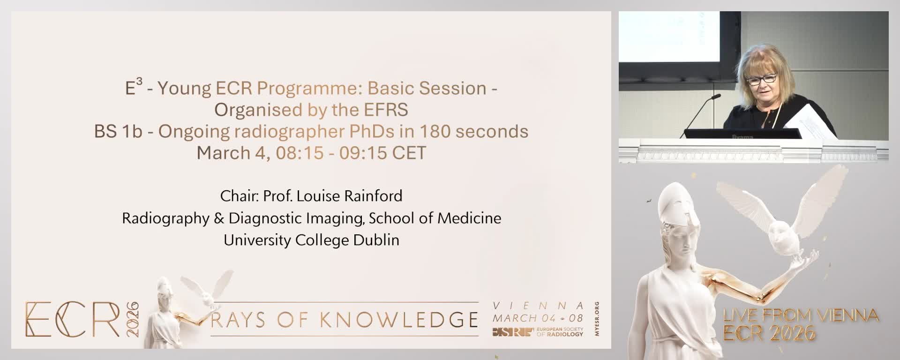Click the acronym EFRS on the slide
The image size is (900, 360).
(386, 110)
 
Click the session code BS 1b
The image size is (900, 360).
(118, 131)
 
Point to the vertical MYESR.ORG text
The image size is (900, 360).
(596, 319)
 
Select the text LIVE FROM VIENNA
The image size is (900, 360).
(801, 316)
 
